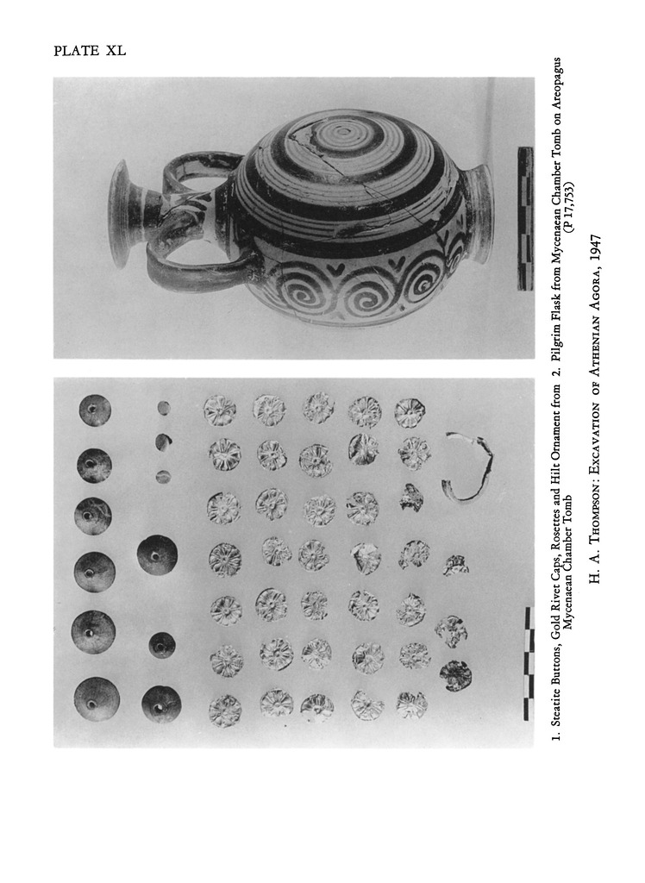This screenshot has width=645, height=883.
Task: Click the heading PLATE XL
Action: [x=90, y=51]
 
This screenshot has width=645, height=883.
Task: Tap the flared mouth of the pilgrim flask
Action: [x=121, y=213]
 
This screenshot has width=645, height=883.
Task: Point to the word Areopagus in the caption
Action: [x=556, y=84]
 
